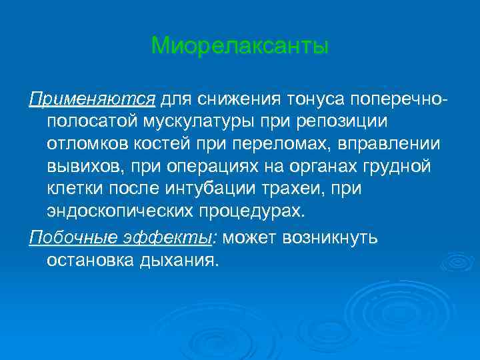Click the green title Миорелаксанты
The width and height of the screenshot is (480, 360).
pos(240,46)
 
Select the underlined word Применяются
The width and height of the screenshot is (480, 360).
pos(92,99)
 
